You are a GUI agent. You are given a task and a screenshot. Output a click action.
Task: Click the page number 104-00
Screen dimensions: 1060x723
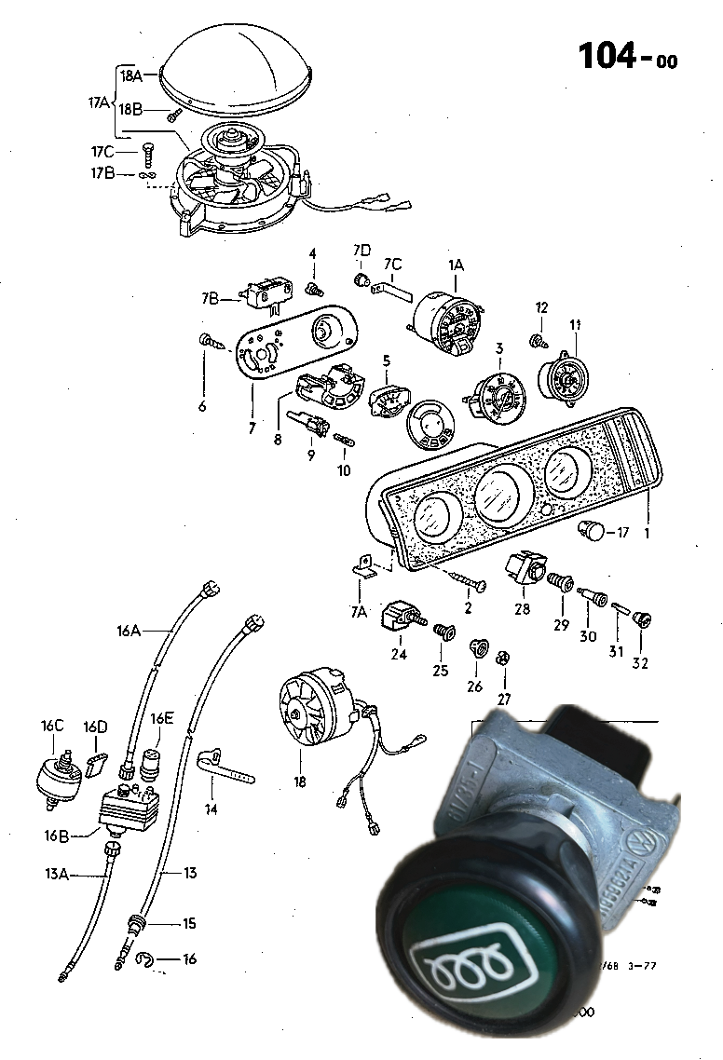(x=627, y=57)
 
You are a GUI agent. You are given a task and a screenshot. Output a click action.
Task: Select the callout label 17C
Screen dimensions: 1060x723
(x=102, y=151)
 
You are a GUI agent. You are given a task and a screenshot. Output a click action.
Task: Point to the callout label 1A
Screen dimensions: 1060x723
(x=456, y=265)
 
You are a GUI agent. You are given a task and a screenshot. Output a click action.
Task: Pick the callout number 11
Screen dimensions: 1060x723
(x=575, y=324)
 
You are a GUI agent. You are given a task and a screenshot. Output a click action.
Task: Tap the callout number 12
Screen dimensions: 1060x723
(x=542, y=307)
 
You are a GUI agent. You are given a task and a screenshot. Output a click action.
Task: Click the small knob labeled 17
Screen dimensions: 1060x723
(x=591, y=532)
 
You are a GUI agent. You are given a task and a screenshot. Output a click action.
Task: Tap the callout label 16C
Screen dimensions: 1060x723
(x=52, y=726)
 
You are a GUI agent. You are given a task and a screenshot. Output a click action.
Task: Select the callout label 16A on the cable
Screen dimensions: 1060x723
(x=129, y=631)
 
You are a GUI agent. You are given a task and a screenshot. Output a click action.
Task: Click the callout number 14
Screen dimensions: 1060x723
(x=211, y=809)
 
